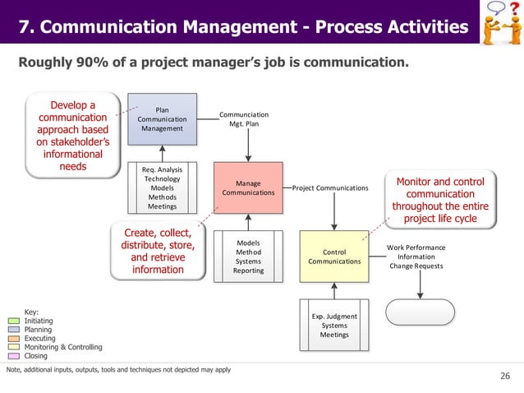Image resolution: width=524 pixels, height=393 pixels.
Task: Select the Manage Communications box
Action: tap(248, 187)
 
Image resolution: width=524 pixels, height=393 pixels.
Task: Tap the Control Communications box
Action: tap(334, 257)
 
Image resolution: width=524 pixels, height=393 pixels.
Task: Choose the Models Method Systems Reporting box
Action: tap(248, 257)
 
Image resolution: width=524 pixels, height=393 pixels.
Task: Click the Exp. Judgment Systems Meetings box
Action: tap(334, 325)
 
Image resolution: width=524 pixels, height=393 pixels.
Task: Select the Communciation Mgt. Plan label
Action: tap(244, 119)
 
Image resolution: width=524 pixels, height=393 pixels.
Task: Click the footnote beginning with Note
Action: tap(118, 370)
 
